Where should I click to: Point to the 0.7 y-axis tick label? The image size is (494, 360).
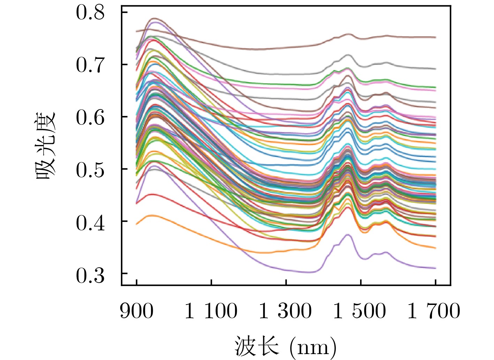[90, 65]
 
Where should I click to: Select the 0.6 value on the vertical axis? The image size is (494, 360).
[90, 117]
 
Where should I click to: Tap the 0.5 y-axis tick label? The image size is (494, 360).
[90, 170]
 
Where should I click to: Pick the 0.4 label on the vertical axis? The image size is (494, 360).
[90, 222]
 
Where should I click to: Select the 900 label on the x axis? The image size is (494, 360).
[136, 311]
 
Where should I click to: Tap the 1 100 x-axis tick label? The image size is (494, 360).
[211, 311]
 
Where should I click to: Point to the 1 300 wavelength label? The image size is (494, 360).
[286, 311]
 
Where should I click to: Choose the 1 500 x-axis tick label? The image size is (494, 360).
[360, 311]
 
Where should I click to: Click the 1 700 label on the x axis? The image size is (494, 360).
[434, 311]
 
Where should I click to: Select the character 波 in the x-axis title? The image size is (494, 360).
[245, 346]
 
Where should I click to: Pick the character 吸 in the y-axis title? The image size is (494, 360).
[46, 170]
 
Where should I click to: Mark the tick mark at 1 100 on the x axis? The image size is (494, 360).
[211, 282]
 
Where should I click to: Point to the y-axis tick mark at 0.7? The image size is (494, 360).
[124, 64]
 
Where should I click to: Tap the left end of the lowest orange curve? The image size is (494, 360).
[136, 224]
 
